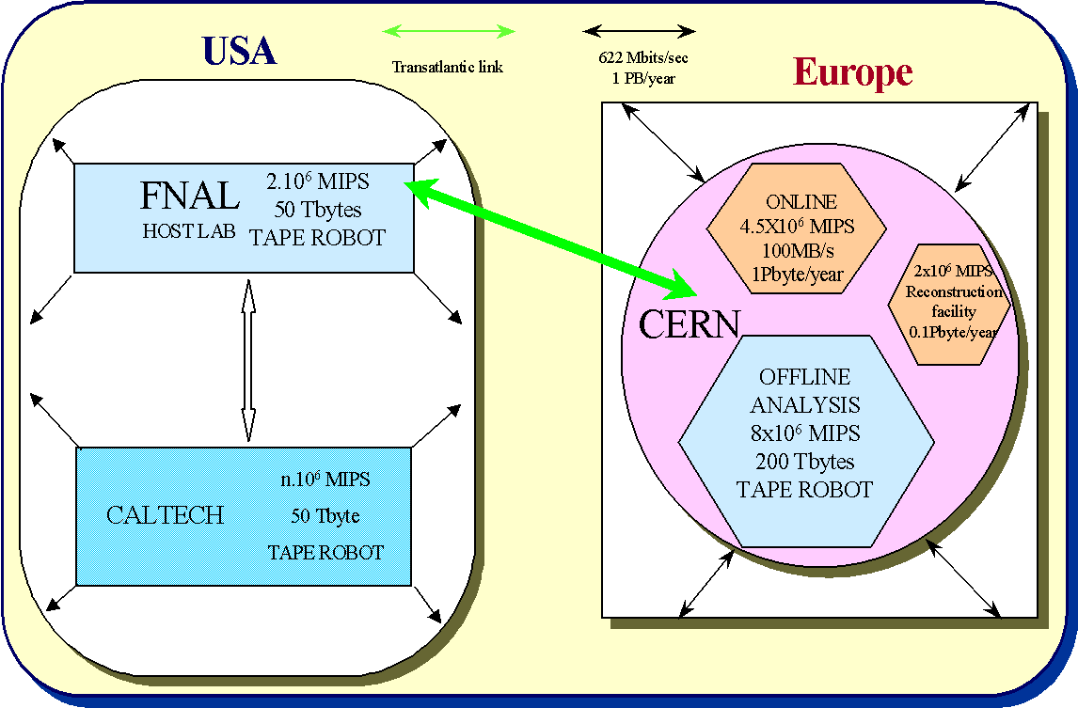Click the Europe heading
pos(852,71)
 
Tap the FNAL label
pos(189,196)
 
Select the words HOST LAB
pos(189,230)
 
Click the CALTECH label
pos(166,515)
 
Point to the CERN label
pos(690,324)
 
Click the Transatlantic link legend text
pos(448,67)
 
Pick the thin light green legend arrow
pos(448,31)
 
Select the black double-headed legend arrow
pos(640,31)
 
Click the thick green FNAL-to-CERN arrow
pos(549,235)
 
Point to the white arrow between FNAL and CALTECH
pos(248,360)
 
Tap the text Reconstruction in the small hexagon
pos(954,291)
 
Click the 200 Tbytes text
pos(804,462)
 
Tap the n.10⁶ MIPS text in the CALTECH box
pos(325,480)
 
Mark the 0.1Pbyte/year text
pos(953,331)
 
